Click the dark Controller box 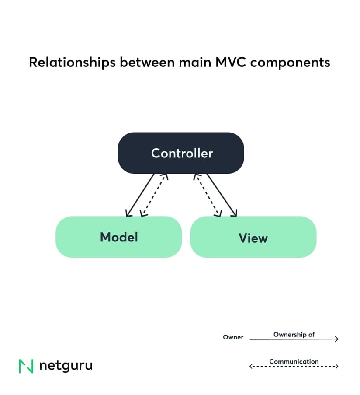click(x=180, y=153)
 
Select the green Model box click(x=118, y=237)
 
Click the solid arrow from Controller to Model click(x=140, y=195)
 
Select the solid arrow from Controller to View click(x=222, y=195)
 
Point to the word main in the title click(x=190, y=62)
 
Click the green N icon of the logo click(x=26, y=366)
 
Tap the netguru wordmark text click(x=66, y=366)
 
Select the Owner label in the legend click(x=233, y=337)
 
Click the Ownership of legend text click(x=294, y=334)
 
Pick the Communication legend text click(x=294, y=361)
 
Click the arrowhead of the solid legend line click(x=336, y=339)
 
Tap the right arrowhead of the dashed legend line click(x=336, y=367)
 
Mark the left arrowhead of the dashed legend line click(x=251, y=367)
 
